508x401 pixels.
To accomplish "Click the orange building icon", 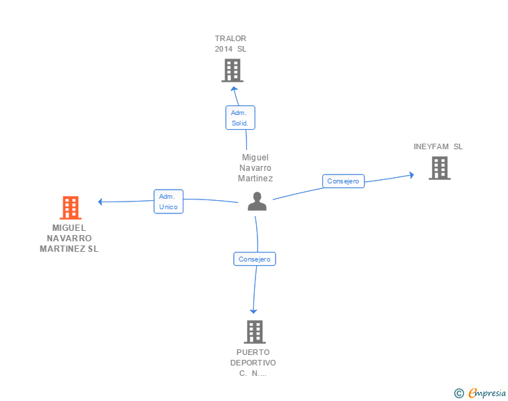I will (70, 208).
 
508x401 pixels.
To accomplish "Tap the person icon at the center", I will (257, 202).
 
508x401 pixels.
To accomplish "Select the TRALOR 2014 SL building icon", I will (232, 70).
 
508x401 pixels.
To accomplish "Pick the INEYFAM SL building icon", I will (439, 168).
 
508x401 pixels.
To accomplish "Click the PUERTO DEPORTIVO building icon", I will (255, 332).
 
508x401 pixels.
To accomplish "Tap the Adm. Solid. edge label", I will (240, 117).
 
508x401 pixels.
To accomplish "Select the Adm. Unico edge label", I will (168, 202).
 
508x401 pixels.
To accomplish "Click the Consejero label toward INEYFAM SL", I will (343, 181).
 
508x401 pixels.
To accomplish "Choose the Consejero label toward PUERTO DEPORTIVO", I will (254, 259).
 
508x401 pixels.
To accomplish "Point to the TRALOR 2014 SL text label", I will (231, 44).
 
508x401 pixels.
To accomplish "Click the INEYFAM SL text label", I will (438, 146).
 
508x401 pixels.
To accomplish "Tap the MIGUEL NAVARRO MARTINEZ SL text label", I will (69, 238).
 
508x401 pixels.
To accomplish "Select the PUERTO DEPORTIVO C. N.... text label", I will (253, 363).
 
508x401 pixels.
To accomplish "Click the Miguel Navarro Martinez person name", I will (255, 168).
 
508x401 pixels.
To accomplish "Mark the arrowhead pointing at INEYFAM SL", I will (412, 175).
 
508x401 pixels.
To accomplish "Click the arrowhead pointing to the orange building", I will (101, 202).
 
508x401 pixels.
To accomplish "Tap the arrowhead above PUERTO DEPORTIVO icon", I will (253, 311).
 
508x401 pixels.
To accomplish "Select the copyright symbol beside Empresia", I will (459, 393).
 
